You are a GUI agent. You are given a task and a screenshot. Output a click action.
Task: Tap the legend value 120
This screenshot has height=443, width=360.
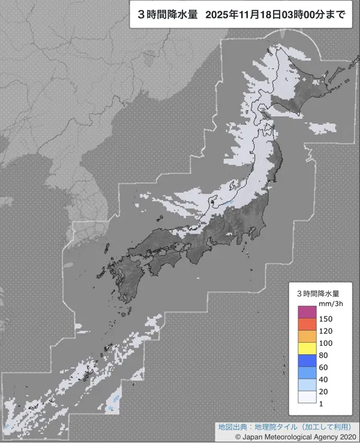pos(325,331)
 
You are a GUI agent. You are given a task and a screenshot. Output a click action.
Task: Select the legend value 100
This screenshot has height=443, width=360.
pos(325,343)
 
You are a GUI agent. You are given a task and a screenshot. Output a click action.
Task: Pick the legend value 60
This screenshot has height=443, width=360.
pos(323,367)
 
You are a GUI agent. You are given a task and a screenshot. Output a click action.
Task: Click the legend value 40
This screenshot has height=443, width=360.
pos(323,379)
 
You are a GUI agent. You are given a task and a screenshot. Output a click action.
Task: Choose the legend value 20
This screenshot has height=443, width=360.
pos(323,391)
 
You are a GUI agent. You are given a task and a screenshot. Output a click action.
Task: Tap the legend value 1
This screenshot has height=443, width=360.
pos(321,403)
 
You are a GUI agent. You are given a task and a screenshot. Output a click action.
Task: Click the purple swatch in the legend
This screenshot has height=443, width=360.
pos(305,312)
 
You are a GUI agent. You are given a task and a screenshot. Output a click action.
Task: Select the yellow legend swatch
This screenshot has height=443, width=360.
pos(305,348)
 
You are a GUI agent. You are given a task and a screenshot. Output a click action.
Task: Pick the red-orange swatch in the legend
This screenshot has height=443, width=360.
pos(305,324)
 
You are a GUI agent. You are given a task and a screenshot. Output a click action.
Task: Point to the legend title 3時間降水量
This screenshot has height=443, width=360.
pos(318,294)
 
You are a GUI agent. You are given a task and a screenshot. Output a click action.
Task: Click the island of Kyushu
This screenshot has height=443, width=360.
pos(126,282)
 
